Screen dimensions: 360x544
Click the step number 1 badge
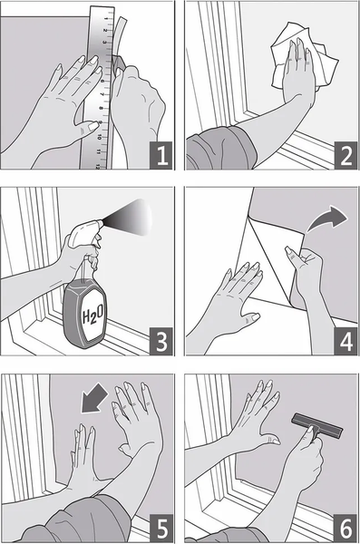(x=161, y=155)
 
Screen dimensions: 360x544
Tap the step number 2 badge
(x=345, y=155)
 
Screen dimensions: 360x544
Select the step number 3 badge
(x=161, y=342)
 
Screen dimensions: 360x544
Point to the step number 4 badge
(x=345, y=342)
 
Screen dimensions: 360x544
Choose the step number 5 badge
(x=161, y=528)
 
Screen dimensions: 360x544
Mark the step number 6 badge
(x=345, y=528)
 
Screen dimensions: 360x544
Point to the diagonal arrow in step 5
(x=94, y=398)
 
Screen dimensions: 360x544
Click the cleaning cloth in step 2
(x=305, y=57)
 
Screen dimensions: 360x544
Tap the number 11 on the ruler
(x=99, y=152)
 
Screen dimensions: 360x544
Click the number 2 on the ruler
(x=105, y=31)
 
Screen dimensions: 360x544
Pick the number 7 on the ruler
(x=102, y=94)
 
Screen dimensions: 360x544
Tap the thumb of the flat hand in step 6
(x=270, y=440)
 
